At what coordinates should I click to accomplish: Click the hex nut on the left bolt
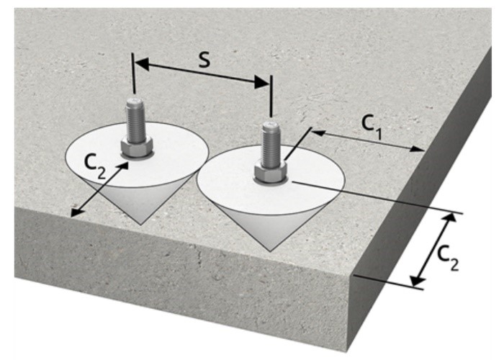point(135,149)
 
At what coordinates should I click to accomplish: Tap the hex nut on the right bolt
point(271,174)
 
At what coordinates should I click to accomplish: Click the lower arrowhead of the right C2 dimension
point(415,282)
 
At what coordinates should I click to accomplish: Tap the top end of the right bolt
point(269,127)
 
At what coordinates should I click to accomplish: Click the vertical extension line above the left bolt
point(134,72)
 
